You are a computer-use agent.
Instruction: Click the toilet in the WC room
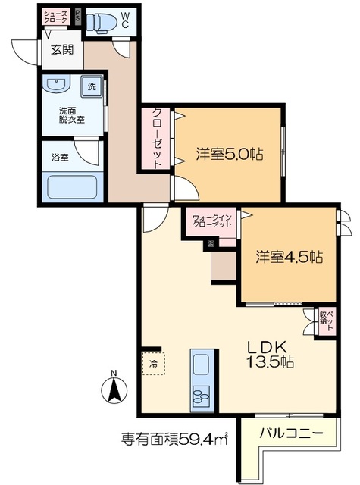click(x=100, y=23)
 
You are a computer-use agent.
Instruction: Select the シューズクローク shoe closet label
click(x=57, y=17)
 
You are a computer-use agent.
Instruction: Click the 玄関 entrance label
click(x=63, y=51)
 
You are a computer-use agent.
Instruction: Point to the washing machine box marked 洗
click(x=92, y=86)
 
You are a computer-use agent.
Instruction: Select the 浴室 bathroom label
click(x=60, y=157)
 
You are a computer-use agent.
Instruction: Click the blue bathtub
click(x=73, y=186)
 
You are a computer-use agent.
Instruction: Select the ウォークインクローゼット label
click(x=211, y=221)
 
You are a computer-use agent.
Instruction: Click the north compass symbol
click(x=114, y=388)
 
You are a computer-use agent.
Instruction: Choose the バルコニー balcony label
click(x=292, y=434)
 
